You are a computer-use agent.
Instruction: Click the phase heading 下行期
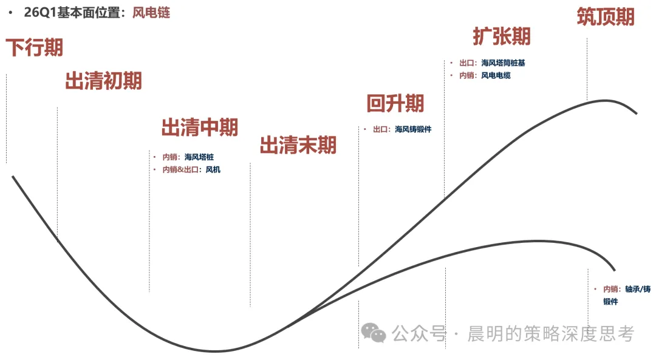click(34, 47)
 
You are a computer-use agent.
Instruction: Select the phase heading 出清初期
click(104, 81)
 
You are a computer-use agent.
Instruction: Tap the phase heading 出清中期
click(200, 127)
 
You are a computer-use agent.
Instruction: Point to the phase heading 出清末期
click(298, 145)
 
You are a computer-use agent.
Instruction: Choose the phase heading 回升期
click(395, 103)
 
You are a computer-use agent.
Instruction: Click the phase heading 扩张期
click(502, 36)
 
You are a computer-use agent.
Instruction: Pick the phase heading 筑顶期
click(606, 17)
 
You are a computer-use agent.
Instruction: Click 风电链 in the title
click(151, 13)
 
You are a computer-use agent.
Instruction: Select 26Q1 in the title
click(40, 13)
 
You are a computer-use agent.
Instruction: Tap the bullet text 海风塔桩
click(199, 157)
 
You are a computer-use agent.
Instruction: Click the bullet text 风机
click(213, 169)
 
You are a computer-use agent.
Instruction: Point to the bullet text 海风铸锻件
click(413, 129)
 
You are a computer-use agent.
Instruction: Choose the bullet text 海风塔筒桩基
click(503, 63)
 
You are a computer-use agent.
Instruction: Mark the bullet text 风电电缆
click(496, 75)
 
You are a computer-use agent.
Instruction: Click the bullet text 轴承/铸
click(638, 289)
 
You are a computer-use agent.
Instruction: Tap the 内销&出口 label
click(180, 169)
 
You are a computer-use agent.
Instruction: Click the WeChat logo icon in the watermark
click(373, 333)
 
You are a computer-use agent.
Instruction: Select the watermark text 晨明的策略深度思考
click(550, 334)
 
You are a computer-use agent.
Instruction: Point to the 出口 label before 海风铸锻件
click(380, 129)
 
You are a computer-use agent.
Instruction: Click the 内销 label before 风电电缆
click(466, 75)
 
